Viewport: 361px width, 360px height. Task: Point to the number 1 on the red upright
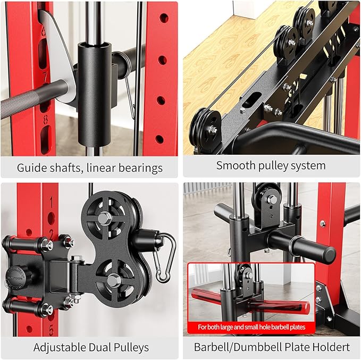click(x=51, y=203)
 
